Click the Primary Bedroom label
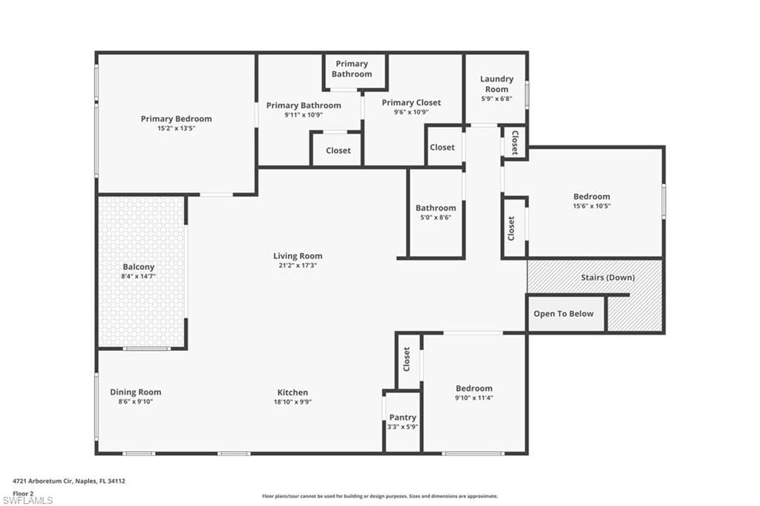pyautogui.click(x=176, y=119)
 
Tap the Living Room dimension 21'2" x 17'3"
pyautogui.click(x=298, y=265)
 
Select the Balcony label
pyautogui.click(x=139, y=266)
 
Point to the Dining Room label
pyautogui.click(x=135, y=392)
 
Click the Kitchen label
pyautogui.click(x=292, y=392)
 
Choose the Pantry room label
pyautogui.click(x=402, y=418)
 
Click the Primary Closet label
pyautogui.click(x=411, y=102)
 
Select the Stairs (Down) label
pyautogui.click(x=607, y=277)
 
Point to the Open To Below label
pyautogui.click(x=563, y=314)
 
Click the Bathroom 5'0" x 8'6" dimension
pyautogui.click(x=436, y=217)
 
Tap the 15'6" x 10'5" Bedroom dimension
pyautogui.click(x=592, y=206)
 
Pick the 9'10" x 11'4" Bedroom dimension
pyautogui.click(x=474, y=398)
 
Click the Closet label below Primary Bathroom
pyautogui.click(x=338, y=151)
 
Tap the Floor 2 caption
pyautogui.click(x=23, y=493)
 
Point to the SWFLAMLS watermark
pyautogui.click(x=27, y=500)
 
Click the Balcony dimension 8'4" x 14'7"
pyautogui.click(x=139, y=276)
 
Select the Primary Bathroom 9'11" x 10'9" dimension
pyautogui.click(x=304, y=115)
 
